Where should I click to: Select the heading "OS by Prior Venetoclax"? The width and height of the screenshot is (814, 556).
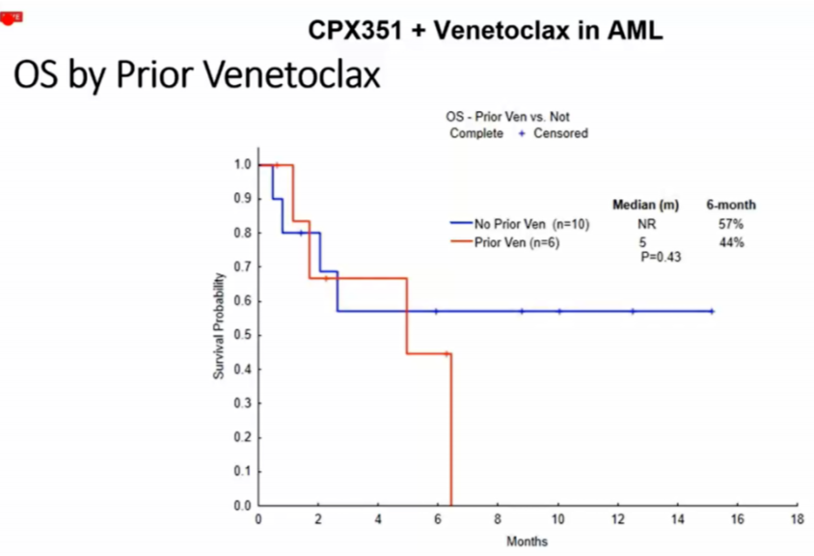[197, 76]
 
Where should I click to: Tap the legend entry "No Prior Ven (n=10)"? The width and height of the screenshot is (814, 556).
[531, 225]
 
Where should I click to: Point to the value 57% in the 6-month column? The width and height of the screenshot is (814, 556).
[731, 225]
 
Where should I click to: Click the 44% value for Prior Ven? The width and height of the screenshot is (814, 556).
[731, 242]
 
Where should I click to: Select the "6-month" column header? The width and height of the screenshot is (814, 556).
[731, 205]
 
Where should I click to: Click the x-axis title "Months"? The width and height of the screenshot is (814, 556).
[527, 542]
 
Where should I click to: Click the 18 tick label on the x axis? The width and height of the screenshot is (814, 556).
[797, 519]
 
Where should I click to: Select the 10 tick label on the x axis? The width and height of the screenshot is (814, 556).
[557, 519]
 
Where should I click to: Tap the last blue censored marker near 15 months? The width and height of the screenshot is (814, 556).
[712, 311]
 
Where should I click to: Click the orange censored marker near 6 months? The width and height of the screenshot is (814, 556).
[446, 353]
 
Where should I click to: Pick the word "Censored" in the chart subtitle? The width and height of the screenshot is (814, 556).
[560, 133]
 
